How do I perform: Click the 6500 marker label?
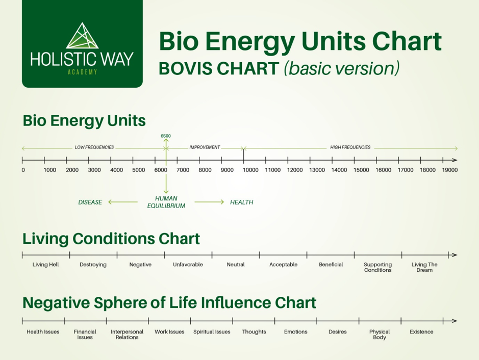point(166,136)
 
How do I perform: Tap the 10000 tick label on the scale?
point(250,170)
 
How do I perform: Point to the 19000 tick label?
point(449,170)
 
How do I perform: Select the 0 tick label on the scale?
point(23,170)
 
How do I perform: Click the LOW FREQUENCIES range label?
point(94,147)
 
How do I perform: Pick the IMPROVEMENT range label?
point(205,147)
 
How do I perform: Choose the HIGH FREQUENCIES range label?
point(350,147)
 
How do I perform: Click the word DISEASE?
point(90,202)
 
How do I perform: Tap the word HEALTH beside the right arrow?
point(241,202)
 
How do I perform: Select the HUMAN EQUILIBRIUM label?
point(166,202)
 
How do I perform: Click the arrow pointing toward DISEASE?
point(122,202)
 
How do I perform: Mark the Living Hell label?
point(46,265)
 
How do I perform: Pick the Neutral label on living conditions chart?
point(236,265)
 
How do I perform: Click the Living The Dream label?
point(424,267)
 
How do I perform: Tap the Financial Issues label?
point(85,335)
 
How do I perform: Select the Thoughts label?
point(254,332)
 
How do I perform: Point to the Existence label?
point(421,332)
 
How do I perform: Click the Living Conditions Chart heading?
point(111,239)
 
